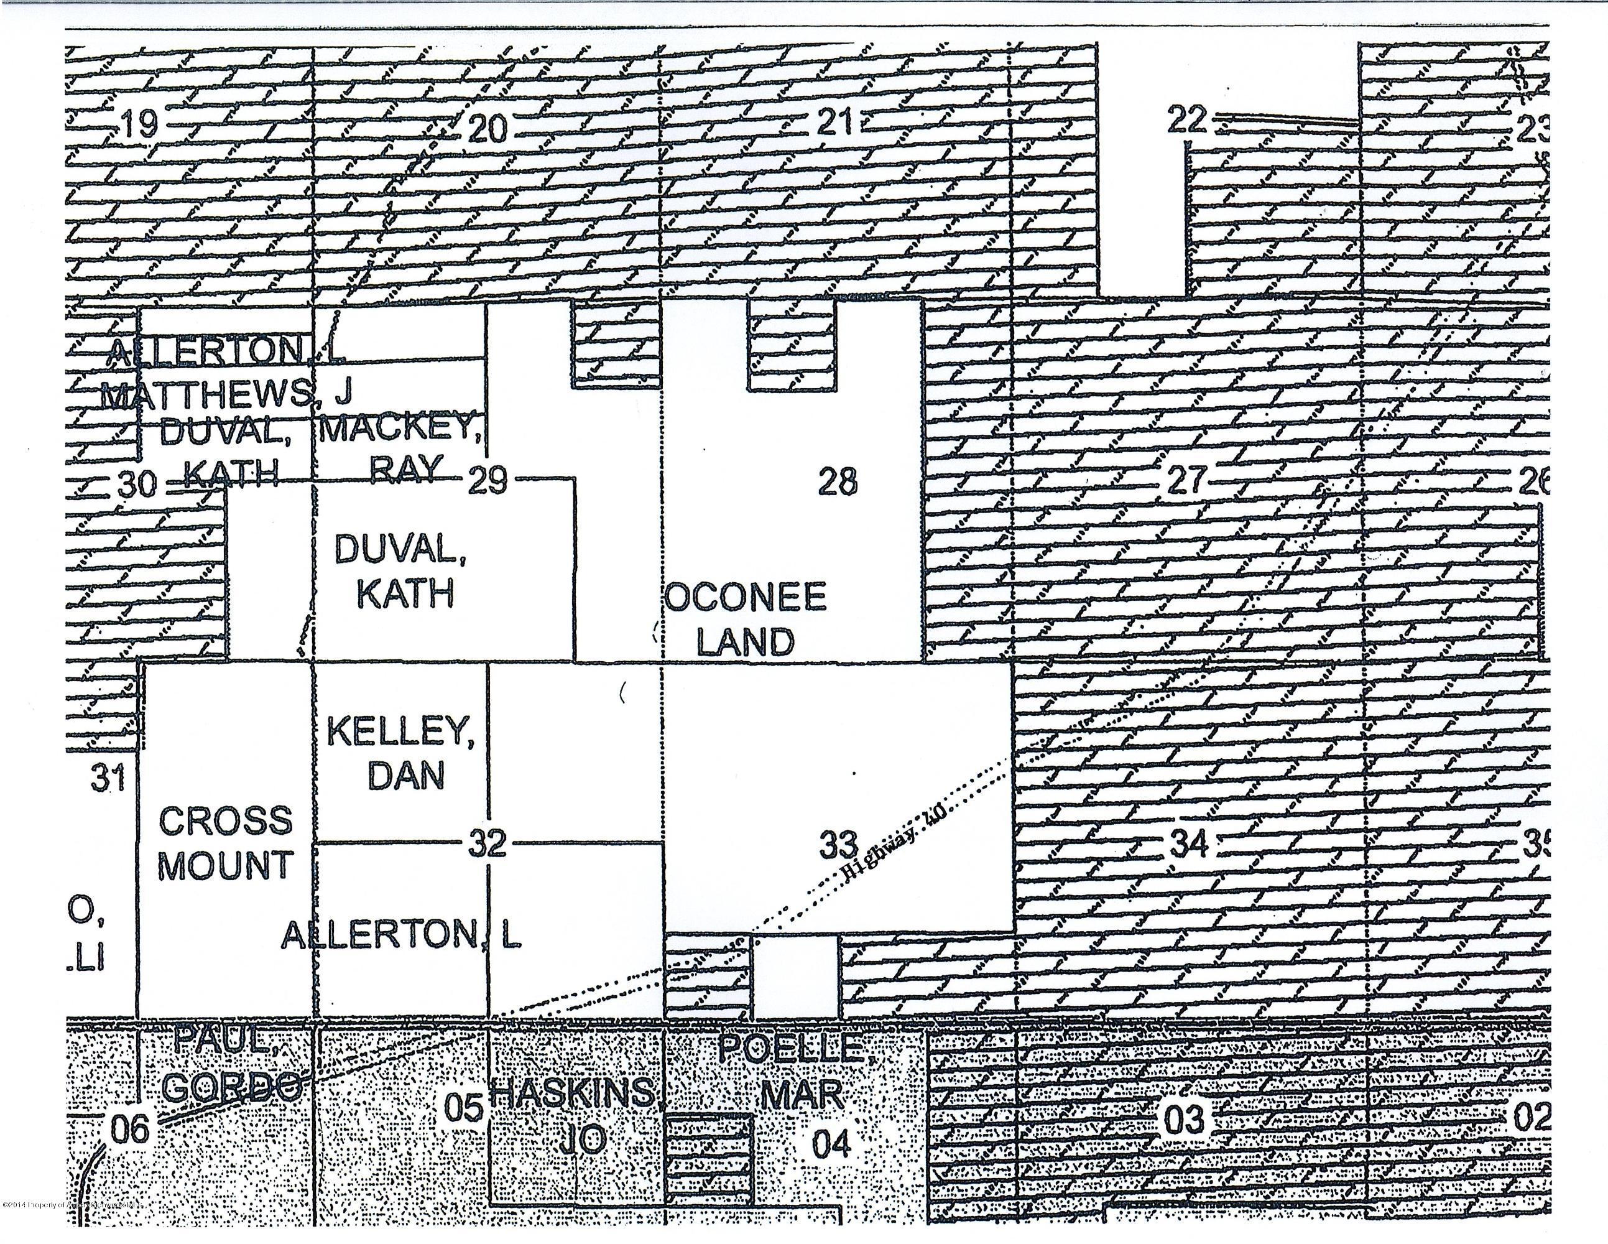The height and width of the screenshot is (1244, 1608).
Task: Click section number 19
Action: (x=140, y=124)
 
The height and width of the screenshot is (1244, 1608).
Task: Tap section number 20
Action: (x=487, y=129)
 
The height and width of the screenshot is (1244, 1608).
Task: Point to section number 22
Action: (x=1186, y=119)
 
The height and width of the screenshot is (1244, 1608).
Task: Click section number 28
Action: (x=837, y=483)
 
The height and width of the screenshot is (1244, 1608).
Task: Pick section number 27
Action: (x=1186, y=480)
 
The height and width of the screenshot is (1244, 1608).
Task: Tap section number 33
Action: (x=839, y=844)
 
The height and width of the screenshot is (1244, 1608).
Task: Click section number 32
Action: (x=488, y=843)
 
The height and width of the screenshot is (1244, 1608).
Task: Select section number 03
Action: (x=1184, y=1120)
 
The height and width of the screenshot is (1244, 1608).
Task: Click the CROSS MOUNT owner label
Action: (x=225, y=843)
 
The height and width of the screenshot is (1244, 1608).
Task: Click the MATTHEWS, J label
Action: (x=227, y=396)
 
